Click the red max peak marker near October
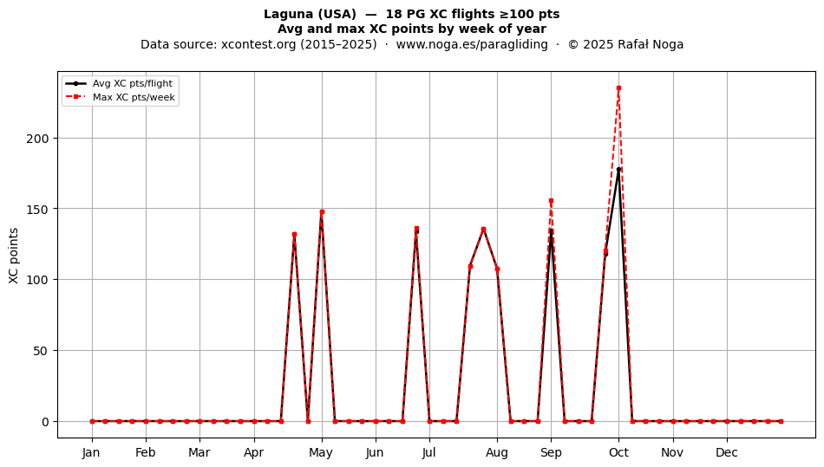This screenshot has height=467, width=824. click(618, 88)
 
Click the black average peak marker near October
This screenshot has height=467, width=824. click(618, 170)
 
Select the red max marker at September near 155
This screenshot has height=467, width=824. click(551, 200)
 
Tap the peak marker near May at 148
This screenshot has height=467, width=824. click(322, 212)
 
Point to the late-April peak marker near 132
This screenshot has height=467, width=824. click(294, 235)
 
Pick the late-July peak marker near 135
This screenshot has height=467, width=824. click(483, 230)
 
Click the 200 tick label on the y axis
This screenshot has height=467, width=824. click(37, 139)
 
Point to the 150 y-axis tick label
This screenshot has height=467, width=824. click(37, 210)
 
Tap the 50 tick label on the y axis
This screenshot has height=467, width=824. click(41, 351)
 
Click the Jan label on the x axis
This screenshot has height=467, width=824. click(91, 452)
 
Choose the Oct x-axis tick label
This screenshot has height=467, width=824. click(618, 452)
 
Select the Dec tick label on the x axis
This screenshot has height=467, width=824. click(727, 452)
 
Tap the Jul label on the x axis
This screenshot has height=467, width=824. click(429, 452)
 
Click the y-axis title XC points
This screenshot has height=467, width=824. click(14, 256)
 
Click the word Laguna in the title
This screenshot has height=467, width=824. click(289, 14)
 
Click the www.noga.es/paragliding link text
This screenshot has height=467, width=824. click(472, 44)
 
